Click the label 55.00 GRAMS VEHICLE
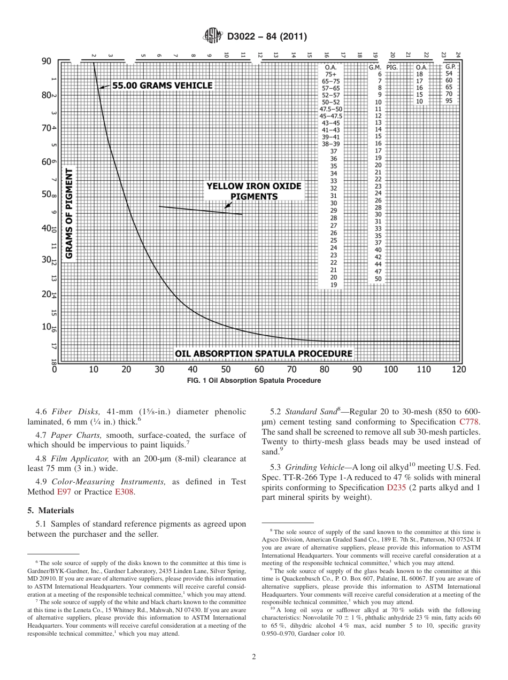(x=162, y=86)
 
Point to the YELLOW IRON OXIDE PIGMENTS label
(x=254, y=191)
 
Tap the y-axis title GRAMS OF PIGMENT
(x=69, y=213)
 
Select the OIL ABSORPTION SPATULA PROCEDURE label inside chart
(x=264, y=353)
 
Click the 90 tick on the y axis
(x=47, y=61)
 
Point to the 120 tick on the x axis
(x=458, y=369)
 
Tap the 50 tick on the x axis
(x=226, y=369)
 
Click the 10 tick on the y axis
(x=47, y=327)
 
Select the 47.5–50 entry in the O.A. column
(x=330, y=109)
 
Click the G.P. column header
(x=450, y=67)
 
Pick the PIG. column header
(x=392, y=67)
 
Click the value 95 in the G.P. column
(x=449, y=101)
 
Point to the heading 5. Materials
(x=51, y=510)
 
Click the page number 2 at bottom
(x=254, y=657)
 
